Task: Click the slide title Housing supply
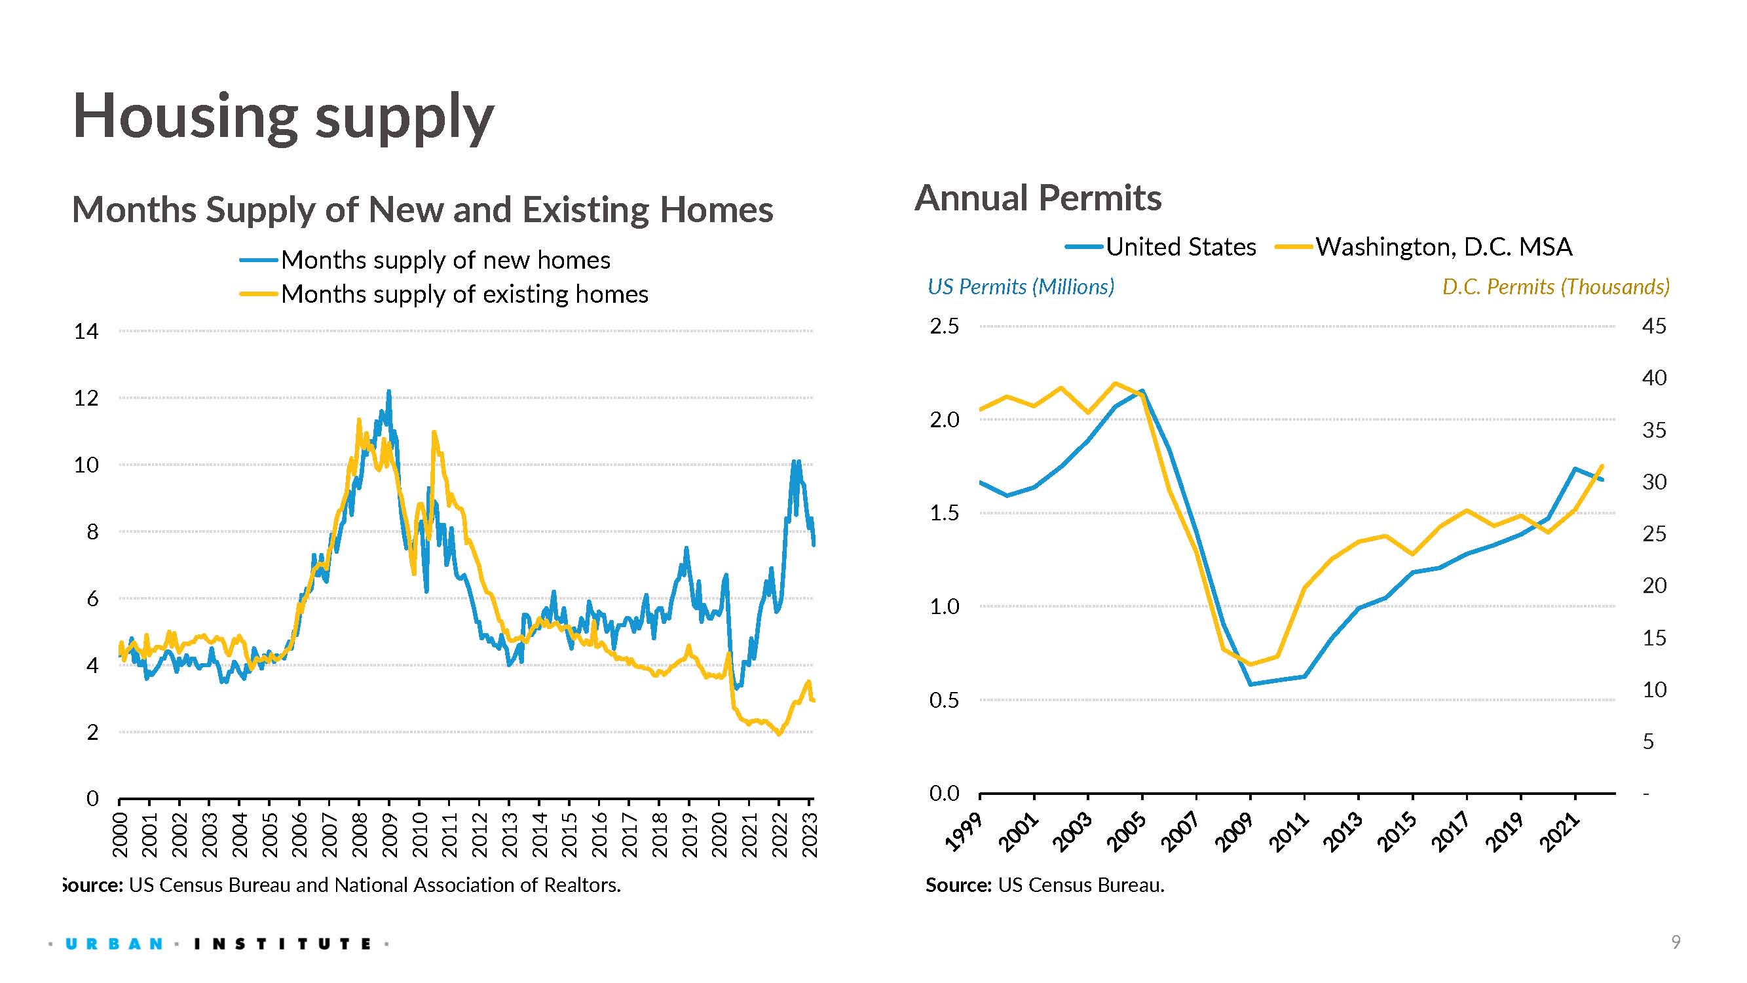pyautogui.click(x=284, y=117)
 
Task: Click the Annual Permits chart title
pyautogui.click(x=1038, y=198)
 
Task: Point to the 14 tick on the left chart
pyautogui.click(x=86, y=331)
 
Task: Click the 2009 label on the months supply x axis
pyautogui.click(x=389, y=835)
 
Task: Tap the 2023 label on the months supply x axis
pyautogui.click(x=810, y=835)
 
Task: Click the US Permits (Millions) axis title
pyautogui.click(x=1021, y=286)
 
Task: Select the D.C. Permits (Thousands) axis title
pyautogui.click(x=1555, y=286)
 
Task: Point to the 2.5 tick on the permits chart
pyautogui.click(x=944, y=326)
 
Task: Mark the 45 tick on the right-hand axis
pyautogui.click(x=1653, y=326)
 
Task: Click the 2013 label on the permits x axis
pyautogui.click(x=1345, y=832)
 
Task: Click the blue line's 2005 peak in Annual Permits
pyautogui.click(x=1142, y=391)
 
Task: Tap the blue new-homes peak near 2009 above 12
pyautogui.click(x=388, y=391)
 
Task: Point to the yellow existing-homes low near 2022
pyautogui.click(x=779, y=733)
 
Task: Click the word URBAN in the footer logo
pyautogui.click(x=114, y=944)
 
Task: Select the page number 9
pyautogui.click(x=1676, y=942)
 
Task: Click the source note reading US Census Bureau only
pyautogui.click(x=1044, y=885)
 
